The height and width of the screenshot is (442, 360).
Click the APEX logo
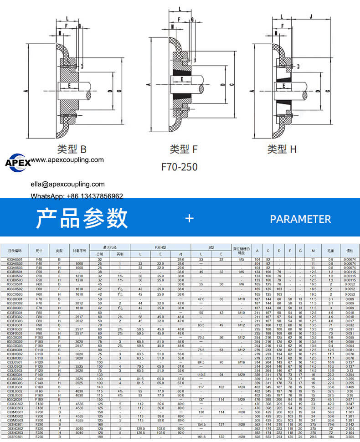[17, 163]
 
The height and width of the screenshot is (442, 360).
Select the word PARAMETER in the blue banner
[300, 219]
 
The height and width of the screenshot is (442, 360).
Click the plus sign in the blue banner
[190, 218]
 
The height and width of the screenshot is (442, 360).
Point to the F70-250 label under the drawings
[180, 167]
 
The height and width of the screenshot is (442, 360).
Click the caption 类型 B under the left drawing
[72, 149]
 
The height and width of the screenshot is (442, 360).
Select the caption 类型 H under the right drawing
[282, 149]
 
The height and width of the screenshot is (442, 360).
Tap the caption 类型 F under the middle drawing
[184, 149]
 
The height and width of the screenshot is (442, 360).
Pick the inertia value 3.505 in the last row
[350, 436]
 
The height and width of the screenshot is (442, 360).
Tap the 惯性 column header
[350, 251]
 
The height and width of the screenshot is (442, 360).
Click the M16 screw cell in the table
[242, 362]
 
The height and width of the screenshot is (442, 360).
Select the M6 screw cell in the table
[242, 283]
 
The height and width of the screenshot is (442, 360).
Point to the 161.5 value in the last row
[201, 436]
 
